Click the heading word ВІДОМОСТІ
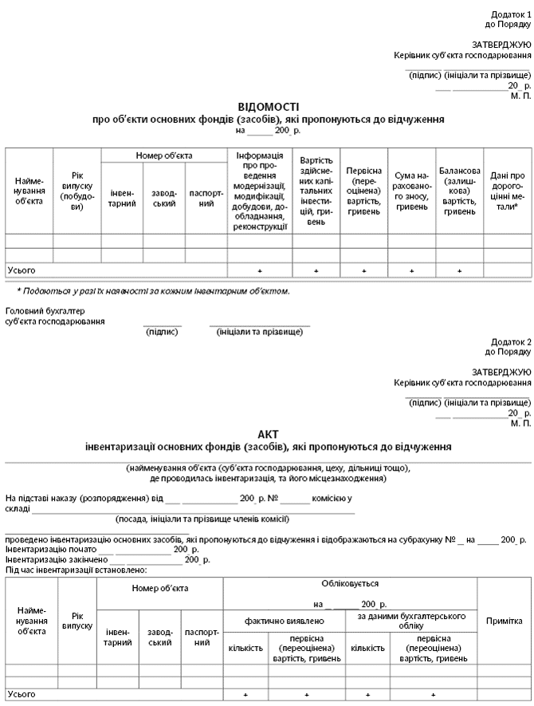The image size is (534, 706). tap(269, 107)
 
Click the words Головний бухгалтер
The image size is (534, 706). tap(45, 311)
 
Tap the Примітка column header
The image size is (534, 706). tap(504, 621)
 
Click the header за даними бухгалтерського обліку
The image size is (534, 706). tap(411, 621)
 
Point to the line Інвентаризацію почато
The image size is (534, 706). tap(51, 550)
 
